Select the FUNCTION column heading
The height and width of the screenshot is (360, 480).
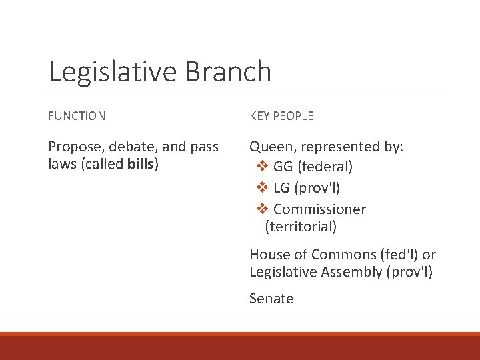[77, 116]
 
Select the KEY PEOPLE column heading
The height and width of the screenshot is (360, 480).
[281, 116]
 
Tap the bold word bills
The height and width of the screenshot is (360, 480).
[140, 164]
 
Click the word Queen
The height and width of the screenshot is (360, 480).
[271, 147]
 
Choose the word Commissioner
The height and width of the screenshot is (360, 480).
[319, 209]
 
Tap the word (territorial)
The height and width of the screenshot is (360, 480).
[301, 227]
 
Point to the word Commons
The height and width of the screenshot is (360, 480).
[340, 255]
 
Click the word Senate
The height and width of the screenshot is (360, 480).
[271, 299]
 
